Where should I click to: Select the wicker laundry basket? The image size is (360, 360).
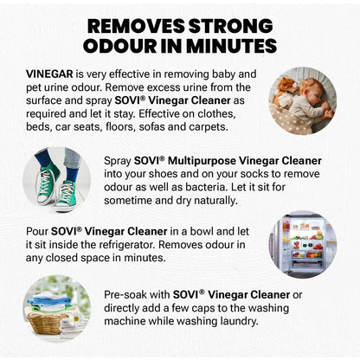click(x=50, y=322)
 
